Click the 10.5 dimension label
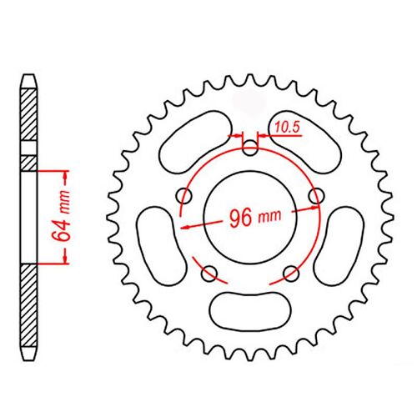[x=288, y=127]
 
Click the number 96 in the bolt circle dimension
[x=240, y=218]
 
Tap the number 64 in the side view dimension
[x=60, y=230]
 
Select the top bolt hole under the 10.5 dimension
[x=250, y=148]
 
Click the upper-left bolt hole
[x=184, y=196]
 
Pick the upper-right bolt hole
[x=317, y=196]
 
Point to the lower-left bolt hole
[x=209, y=274]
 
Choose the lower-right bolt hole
[x=291, y=274]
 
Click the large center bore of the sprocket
[x=250, y=217]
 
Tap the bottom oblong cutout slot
[x=250, y=309]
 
